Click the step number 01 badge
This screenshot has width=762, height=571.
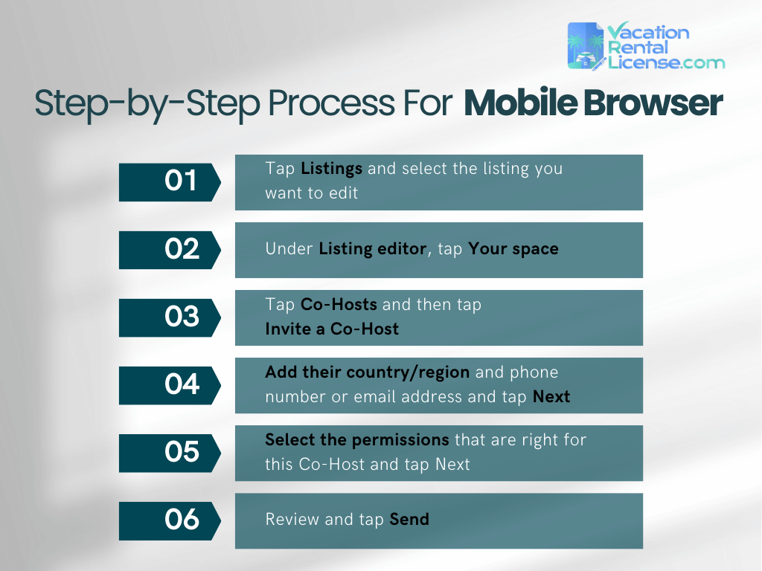[170, 182]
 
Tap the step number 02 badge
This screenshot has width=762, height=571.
[170, 250]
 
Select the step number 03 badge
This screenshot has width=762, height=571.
[170, 317]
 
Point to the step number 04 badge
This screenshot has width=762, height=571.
[170, 385]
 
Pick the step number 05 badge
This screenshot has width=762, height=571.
[170, 453]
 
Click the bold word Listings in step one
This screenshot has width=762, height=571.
[331, 169]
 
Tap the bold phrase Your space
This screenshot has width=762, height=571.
[513, 249]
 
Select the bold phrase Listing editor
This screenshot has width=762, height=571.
[372, 249]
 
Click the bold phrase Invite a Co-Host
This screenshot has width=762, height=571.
[332, 329]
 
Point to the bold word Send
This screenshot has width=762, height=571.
[409, 520]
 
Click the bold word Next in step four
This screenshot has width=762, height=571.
[551, 396]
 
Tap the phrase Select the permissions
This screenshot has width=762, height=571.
[356, 439]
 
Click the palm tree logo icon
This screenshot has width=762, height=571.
[585, 46]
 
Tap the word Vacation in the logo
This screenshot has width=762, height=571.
[647, 32]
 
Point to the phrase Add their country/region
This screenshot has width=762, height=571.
[367, 372]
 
